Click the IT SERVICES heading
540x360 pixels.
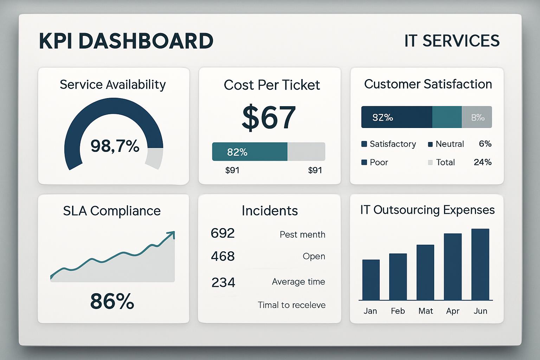[x=452, y=41]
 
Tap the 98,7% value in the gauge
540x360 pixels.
[x=115, y=146]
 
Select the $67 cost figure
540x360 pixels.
[x=269, y=117]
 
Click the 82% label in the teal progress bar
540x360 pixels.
[x=237, y=152]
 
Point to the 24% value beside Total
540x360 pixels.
[x=483, y=162]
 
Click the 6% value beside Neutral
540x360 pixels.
[x=485, y=144]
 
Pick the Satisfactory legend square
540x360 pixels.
[x=364, y=144]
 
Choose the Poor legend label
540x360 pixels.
[x=379, y=162]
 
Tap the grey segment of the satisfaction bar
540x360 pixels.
[x=477, y=117]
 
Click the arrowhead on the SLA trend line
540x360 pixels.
[x=172, y=234]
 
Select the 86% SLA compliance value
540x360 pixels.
[x=112, y=301]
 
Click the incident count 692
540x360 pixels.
[x=223, y=233]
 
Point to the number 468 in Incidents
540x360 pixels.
[x=223, y=256]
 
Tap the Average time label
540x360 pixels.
[x=298, y=282]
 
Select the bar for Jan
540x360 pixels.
[x=371, y=280]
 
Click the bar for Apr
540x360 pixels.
[x=453, y=267]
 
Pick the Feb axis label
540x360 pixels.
[x=398, y=311]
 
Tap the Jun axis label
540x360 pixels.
[x=480, y=311]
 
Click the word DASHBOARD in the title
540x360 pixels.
[x=146, y=41]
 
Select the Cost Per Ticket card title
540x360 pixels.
[x=272, y=85]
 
